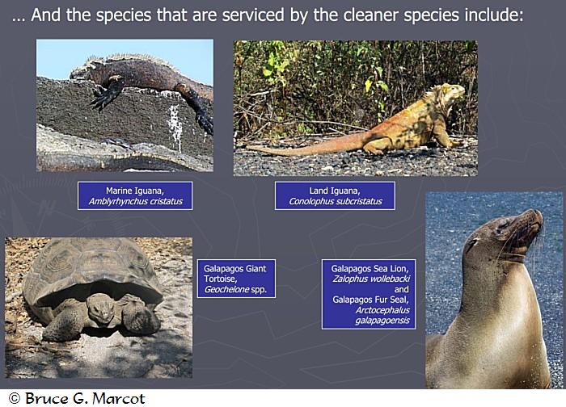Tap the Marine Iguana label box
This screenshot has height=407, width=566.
click(135, 195)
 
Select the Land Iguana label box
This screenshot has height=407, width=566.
click(335, 195)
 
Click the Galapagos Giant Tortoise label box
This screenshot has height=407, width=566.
click(236, 279)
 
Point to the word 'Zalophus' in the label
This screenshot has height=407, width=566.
click(350, 279)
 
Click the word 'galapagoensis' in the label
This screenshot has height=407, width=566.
click(382, 321)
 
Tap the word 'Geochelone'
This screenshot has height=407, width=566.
click(226, 289)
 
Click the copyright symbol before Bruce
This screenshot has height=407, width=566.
click(14, 398)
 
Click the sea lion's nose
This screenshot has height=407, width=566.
click(539, 215)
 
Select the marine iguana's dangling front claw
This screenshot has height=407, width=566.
click(103, 97)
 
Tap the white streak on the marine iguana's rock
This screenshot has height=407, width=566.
click(175, 127)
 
